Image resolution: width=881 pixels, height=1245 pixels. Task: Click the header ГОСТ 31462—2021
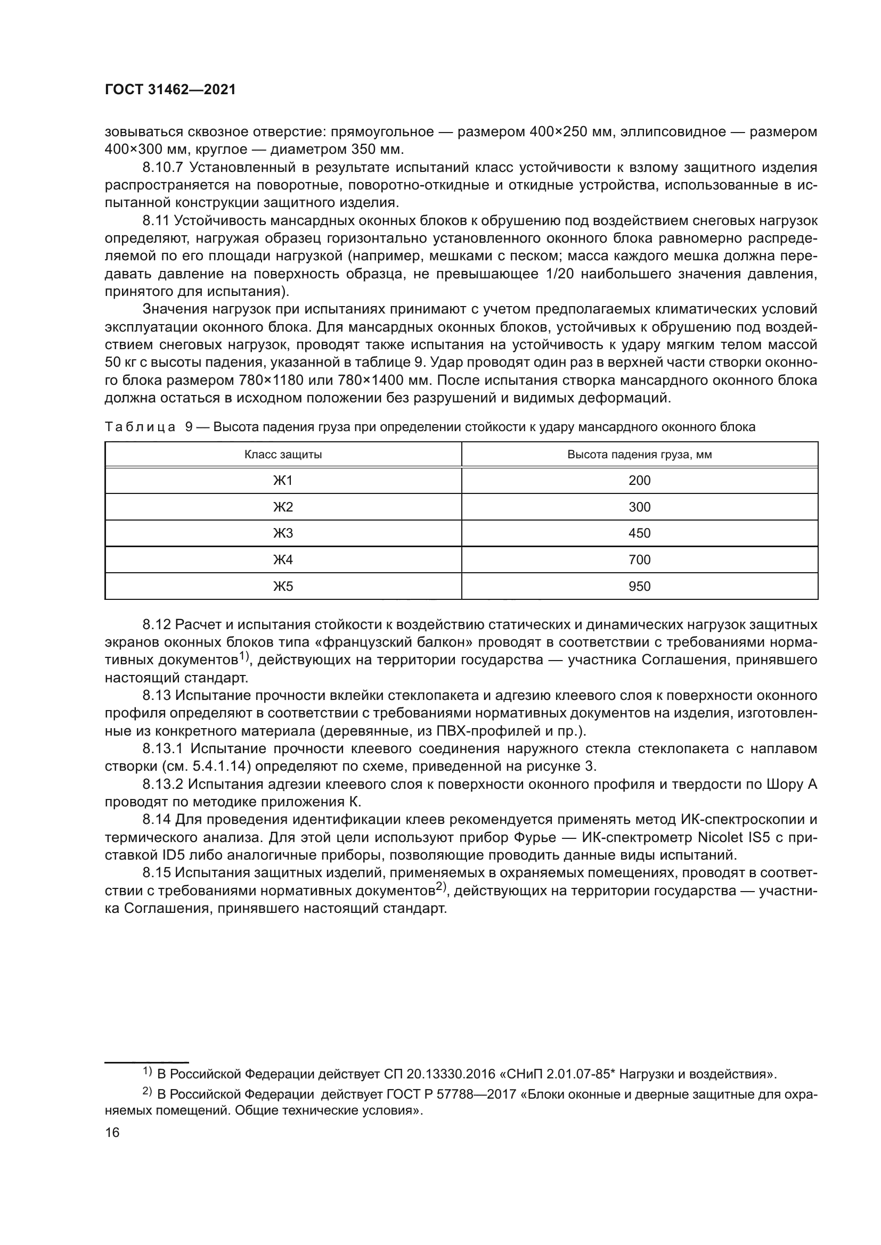pyautogui.click(x=170, y=90)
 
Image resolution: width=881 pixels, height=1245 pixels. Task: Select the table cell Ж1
pyautogui.click(x=283, y=481)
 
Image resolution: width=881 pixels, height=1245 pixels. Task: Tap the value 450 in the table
pyautogui.click(x=639, y=533)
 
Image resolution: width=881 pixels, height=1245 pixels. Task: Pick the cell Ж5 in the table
pyautogui.click(x=283, y=586)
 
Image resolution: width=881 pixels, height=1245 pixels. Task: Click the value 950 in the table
pyautogui.click(x=639, y=586)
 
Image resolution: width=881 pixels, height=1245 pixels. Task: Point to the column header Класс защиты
pyautogui.click(x=283, y=455)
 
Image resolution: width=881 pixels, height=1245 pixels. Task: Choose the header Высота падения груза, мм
pyautogui.click(x=639, y=455)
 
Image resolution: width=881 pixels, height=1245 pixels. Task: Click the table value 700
pyautogui.click(x=639, y=559)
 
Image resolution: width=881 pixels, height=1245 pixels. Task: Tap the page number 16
pyautogui.click(x=112, y=1132)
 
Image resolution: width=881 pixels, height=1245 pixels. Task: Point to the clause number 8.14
pyautogui.click(x=157, y=820)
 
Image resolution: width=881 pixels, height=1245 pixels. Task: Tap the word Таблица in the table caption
pyautogui.click(x=140, y=427)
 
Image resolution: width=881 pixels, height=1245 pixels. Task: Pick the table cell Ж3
pyautogui.click(x=283, y=533)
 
